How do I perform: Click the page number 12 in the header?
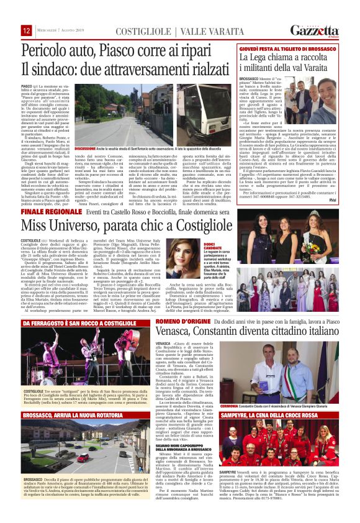(27, 30)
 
